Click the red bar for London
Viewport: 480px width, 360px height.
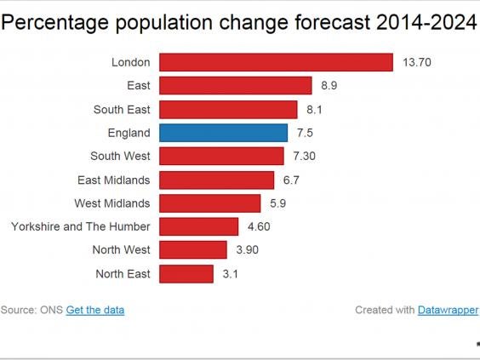point(276,62)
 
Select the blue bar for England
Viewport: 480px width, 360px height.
point(224,133)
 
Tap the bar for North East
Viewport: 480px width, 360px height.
point(186,273)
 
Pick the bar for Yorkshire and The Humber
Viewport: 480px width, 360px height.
point(199,226)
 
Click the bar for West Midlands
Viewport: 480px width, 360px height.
point(210,203)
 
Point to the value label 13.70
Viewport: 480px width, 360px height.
point(414,63)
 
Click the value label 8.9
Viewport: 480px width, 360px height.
point(328,86)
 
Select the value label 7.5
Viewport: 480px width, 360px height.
point(304,133)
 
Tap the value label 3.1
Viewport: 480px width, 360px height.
point(229,274)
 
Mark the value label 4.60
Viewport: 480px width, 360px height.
point(258,227)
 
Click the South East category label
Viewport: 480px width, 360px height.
point(122,110)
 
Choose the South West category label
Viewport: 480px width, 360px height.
point(120,157)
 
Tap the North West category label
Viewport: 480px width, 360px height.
point(121,250)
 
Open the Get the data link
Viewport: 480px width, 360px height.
point(95,310)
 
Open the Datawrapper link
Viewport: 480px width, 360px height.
point(448,310)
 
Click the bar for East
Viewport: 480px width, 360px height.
point(236,86)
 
